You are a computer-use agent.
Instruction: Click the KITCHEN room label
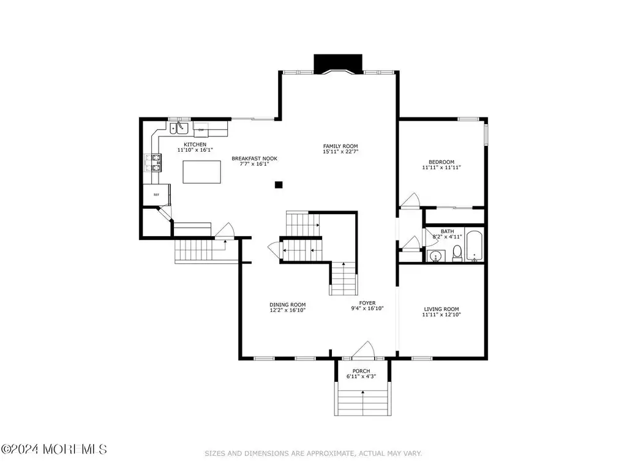pos(195,144)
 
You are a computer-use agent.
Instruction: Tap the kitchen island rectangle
pos(202,172)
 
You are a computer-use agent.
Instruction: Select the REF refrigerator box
pos(157,195)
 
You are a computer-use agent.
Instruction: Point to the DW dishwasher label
pos(201,130)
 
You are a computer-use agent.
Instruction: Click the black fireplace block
pos(338,64)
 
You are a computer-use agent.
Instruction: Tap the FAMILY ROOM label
pos(340,146)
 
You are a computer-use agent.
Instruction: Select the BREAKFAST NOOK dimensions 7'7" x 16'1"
pos(254,164)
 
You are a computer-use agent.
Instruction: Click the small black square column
pos(279,185)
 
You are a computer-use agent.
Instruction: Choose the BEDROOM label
pos(441,162)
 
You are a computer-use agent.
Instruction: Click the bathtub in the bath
pos(475,245)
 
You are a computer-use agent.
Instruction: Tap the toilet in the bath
pos(457,253)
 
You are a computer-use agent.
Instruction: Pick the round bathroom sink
pos(435,256)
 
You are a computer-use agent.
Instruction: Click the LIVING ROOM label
pos(441,309)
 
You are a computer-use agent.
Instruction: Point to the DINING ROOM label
pos(288,305)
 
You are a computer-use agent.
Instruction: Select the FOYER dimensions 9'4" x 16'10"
pos(367,308)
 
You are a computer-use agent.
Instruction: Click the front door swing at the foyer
pos(363,349)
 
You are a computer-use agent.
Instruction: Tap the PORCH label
pos(361,371)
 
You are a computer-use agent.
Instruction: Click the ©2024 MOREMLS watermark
pos(54,449)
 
